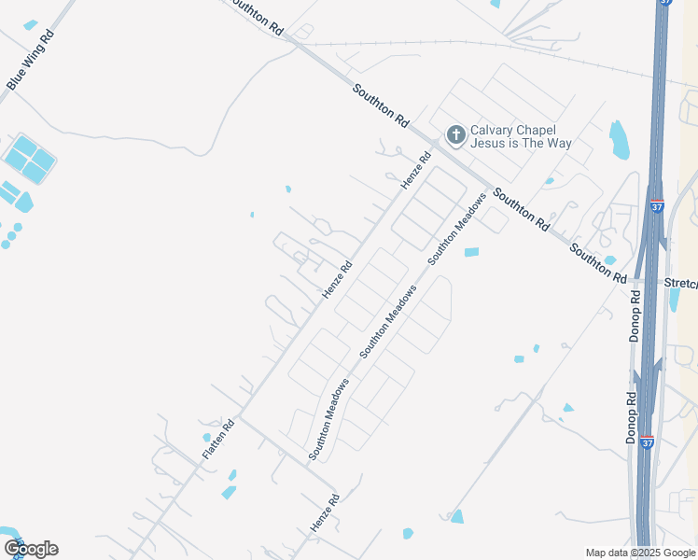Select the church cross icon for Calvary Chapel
point(456,136)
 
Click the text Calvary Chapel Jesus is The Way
point(520,136)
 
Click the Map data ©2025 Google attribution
point(640,552)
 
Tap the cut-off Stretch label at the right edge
point(680,282)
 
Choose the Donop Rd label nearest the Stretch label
point(635,315)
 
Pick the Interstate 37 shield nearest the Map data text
point(648,443)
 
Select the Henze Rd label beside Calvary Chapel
point(417,171)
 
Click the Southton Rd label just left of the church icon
point(382,105)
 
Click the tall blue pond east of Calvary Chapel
point(619,139)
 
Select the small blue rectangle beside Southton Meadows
point(471,252)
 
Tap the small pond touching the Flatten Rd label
point(207,437)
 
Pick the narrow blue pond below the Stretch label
point(675,300)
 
